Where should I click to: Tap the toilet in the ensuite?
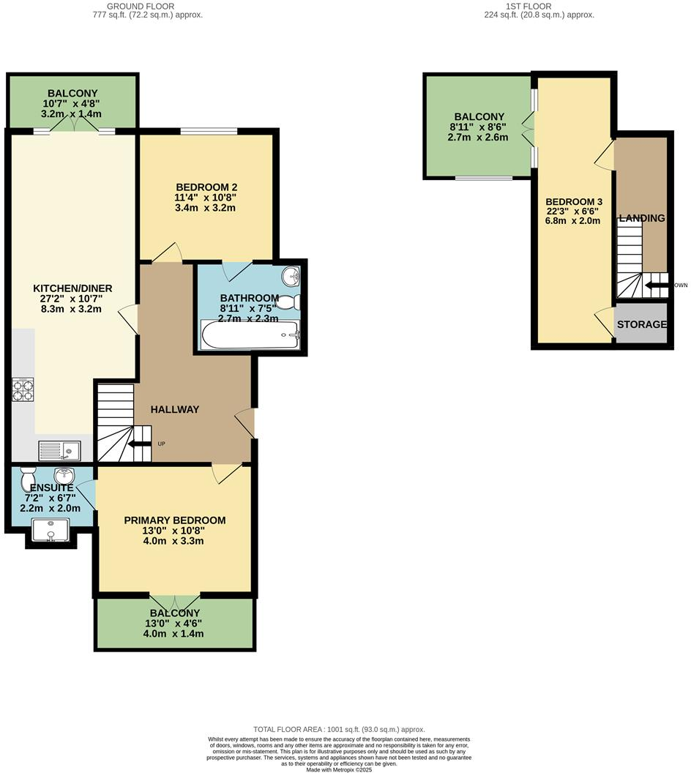pyautogui.click(x=29, y=479)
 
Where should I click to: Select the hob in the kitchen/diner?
pyautogui.click(x=23, y=389)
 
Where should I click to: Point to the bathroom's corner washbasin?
pyautogui.click(x=291, y=277)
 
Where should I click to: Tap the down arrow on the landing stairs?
pyautogui.click(x=656, y=285)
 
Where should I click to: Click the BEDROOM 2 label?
pyautogui.click(x=206, y=187)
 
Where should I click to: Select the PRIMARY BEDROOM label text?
pyautogui.click(x=174, y=520)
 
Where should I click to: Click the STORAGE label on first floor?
pyautogui.click(x=641, y=324)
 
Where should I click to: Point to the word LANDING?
pyautogui.click(x=641, y=218)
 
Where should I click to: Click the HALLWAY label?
pyautogui.click(x=175, y=409)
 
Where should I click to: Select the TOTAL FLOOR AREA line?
pyautogui.click(x=339, y=729)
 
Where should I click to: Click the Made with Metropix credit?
pyautogui.click(x=339, y=769)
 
